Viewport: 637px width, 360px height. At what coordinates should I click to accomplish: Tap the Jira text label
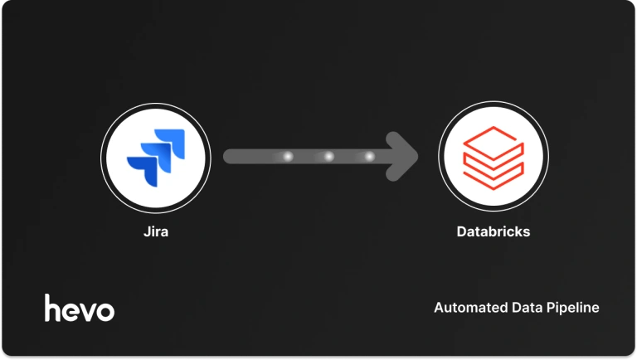point(156,231)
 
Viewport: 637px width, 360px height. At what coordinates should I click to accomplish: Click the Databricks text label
point(493,231)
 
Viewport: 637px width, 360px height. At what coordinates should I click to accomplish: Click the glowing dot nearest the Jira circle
point(288,156)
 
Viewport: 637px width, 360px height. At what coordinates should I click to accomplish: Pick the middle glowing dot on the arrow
point(328,156)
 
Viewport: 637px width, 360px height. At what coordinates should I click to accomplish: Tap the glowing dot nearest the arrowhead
point(369,156)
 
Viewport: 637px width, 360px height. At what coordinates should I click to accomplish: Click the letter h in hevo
point(53,308)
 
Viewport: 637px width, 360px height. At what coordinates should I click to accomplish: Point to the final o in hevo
point(105,311)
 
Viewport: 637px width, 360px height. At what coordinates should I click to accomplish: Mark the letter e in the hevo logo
point(71,311)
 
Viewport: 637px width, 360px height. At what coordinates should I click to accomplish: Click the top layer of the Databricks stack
point(493,138)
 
